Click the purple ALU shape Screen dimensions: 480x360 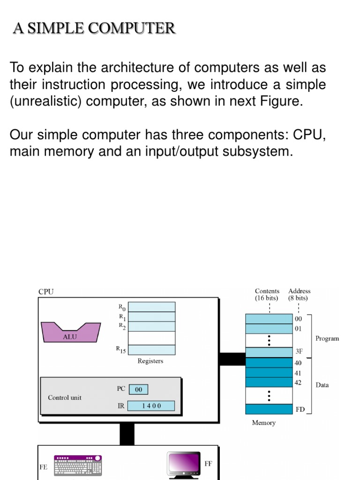[71, 332]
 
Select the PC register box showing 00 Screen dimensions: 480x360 [138, 390]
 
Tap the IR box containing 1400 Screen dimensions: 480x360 [151, 406]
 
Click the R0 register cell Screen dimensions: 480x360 [151, 307]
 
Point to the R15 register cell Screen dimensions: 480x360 [151, 349]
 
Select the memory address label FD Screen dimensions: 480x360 [300, 409]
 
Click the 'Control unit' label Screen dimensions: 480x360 [65, 397]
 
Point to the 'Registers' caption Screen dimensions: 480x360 [150, 361]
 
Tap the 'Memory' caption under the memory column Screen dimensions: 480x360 [264, 423]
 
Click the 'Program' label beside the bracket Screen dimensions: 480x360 [327, 338]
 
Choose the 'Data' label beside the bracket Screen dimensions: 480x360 [322, 385]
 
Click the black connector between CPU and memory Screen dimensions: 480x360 [232, 359]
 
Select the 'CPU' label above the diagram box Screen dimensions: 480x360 [46, 292]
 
